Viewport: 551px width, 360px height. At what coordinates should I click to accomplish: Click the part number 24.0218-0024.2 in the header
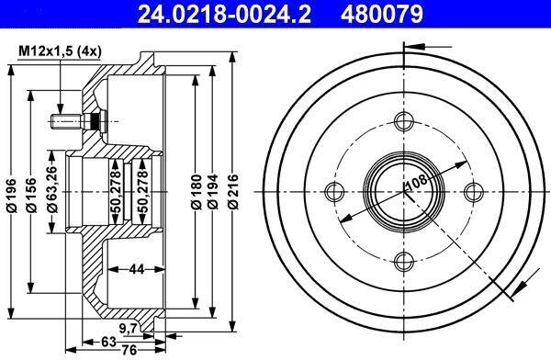point(224,14)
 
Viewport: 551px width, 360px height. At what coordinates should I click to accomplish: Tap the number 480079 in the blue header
point(382,14)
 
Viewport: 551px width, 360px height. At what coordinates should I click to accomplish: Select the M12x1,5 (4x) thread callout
point(60,51)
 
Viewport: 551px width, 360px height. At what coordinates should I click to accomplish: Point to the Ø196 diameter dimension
point(12,195)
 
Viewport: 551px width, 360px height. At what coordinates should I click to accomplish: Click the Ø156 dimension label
point(31,195)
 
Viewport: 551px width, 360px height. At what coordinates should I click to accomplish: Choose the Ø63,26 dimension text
point(52,190)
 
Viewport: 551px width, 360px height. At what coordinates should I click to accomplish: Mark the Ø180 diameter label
point(197,192)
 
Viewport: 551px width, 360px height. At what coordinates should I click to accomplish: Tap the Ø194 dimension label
point(212,192)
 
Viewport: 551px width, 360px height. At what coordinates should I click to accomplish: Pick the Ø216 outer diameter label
point(232,192)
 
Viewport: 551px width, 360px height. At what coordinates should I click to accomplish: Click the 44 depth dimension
point(136,269)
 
